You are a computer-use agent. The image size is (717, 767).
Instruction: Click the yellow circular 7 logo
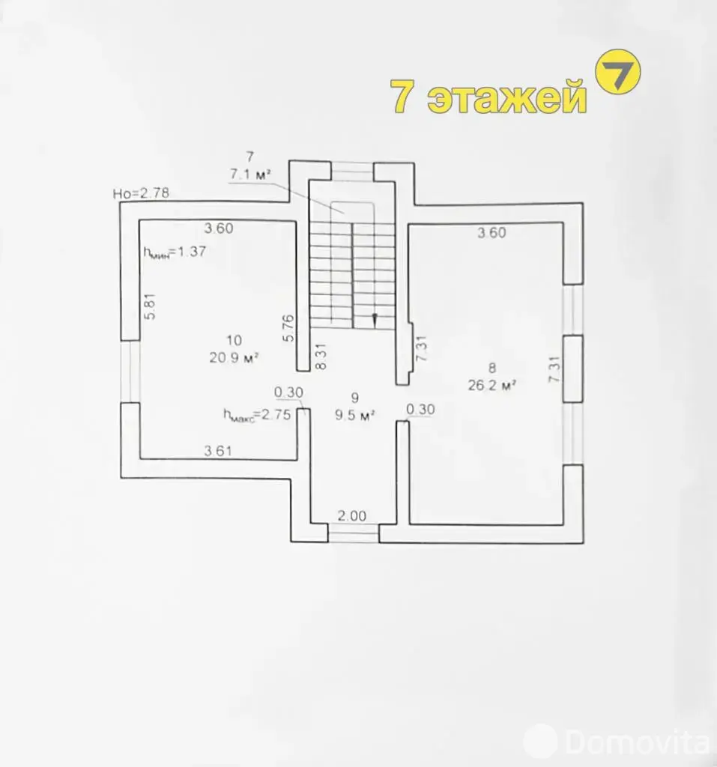tap(617, 71)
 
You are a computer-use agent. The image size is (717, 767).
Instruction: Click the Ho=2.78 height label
tap(141, 193)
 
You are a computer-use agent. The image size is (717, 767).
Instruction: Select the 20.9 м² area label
tap(234, 357)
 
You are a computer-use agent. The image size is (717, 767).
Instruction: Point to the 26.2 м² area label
tap(492, 385)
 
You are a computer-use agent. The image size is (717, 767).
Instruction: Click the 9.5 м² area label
tap(355, 415)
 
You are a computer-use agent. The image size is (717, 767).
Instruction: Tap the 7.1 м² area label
tap(250, 174)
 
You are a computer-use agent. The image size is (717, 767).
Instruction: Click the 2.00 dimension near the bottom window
tap(352, 515)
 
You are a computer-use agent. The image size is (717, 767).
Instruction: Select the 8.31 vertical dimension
tap(321, 356)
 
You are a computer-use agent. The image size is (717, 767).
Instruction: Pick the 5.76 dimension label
tap(288, 328)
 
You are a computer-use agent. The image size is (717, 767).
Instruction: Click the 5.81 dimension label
tap(151, 306)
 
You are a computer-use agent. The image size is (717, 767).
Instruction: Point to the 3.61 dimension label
tap(218, 450)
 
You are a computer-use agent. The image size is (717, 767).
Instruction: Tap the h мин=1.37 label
tap(175, 252)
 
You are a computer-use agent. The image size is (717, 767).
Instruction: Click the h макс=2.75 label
tap(257, 415)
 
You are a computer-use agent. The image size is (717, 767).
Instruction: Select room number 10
tap(234, 340)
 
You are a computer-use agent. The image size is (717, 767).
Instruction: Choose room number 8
tap(492, 367)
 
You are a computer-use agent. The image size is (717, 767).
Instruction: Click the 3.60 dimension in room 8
tap(492, 232)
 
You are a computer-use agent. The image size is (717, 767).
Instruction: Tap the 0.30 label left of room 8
tap(420, 409)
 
